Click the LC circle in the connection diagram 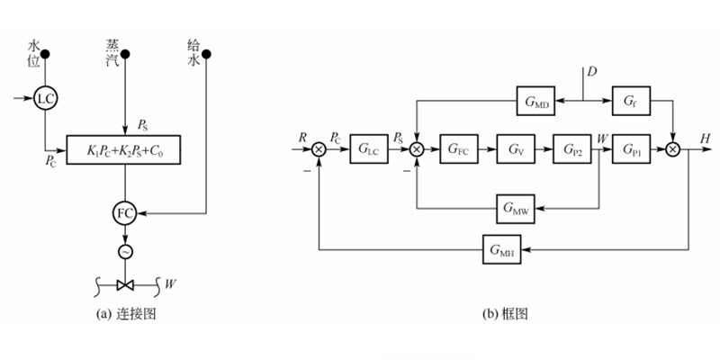click(46, 98)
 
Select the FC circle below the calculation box click(126, 213)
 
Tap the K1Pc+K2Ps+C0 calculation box click(125, 149)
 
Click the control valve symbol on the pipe click(126, 285)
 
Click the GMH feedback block click(506, 246)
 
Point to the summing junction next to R click(318, 148)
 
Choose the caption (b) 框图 click(504, 313)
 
